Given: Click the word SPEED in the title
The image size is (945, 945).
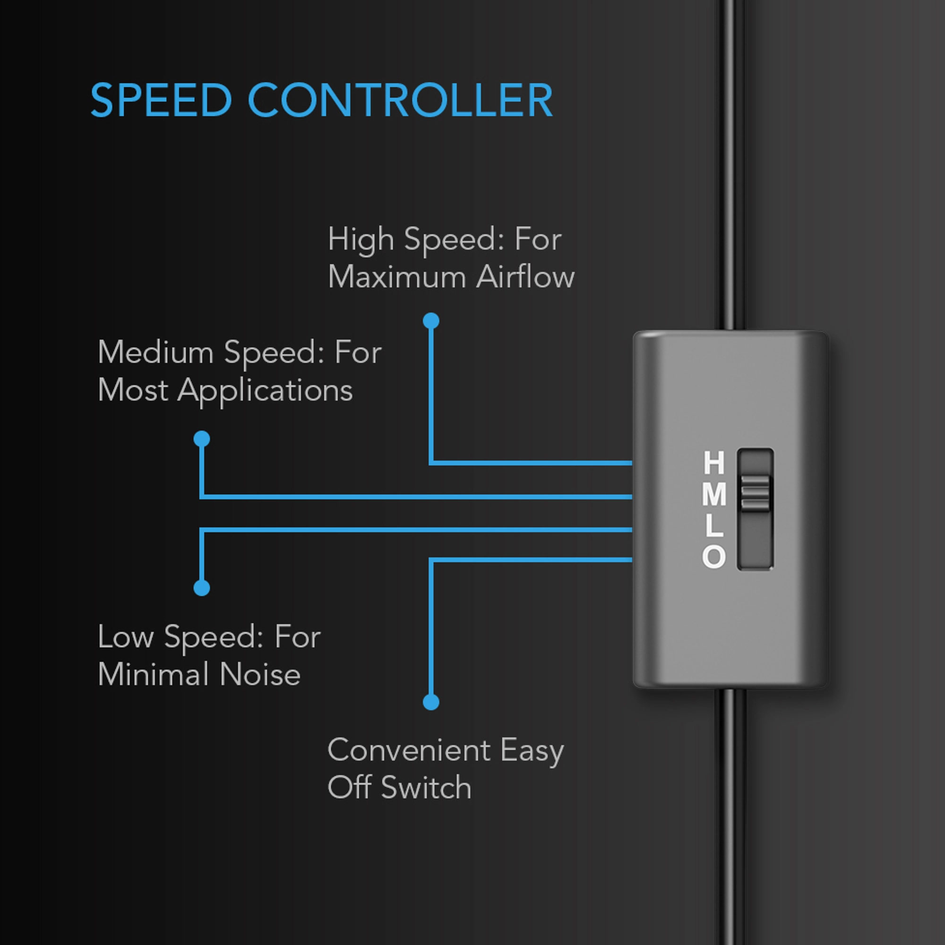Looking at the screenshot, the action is pyautogui.click(x=161, y=100).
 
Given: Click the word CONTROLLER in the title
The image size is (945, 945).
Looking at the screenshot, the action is pyautogui.click(x=400, y=100).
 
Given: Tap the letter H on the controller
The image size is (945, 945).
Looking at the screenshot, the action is pyautogui.click(x=713, y=463).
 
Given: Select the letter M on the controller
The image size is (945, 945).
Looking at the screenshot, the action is pyautogui.click(x=713, y=494).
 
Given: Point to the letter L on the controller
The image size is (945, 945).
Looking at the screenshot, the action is pyautogui.click(x=713, y=525).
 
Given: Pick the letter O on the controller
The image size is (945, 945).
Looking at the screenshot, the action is pyautogui.click(x=713, y=557).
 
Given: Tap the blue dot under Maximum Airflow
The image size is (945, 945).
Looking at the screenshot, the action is pyautogui.click(x=431, y=321).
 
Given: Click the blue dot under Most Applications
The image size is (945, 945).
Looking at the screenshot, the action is pyautogui.click(x=202, y=439).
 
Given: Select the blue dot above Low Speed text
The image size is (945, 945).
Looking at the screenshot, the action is pyautogui.click(x=202, y=587).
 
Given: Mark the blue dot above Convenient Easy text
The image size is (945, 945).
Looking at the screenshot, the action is pyautogui.click(x=431, y=702).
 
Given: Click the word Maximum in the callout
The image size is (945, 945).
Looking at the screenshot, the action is pyautogui.click(x=397, y=277).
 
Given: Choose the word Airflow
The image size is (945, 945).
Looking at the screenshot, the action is pyautogui.click(x=525, y=276).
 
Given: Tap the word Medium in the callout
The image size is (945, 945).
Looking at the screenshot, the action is pyautogui.click(x=155, y=352).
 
